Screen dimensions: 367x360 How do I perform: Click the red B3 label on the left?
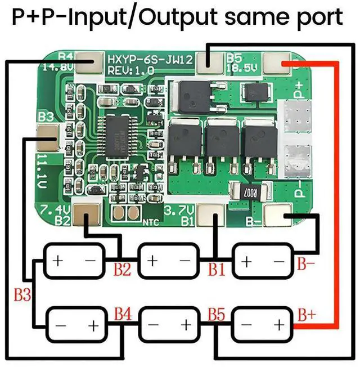coord(22,294)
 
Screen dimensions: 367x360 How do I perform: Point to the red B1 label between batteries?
coord(217,269)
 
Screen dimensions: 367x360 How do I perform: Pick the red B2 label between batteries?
coord(121,269)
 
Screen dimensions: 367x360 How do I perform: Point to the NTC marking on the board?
coord(150,222)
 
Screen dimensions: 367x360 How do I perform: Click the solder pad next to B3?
coord(46,135)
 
